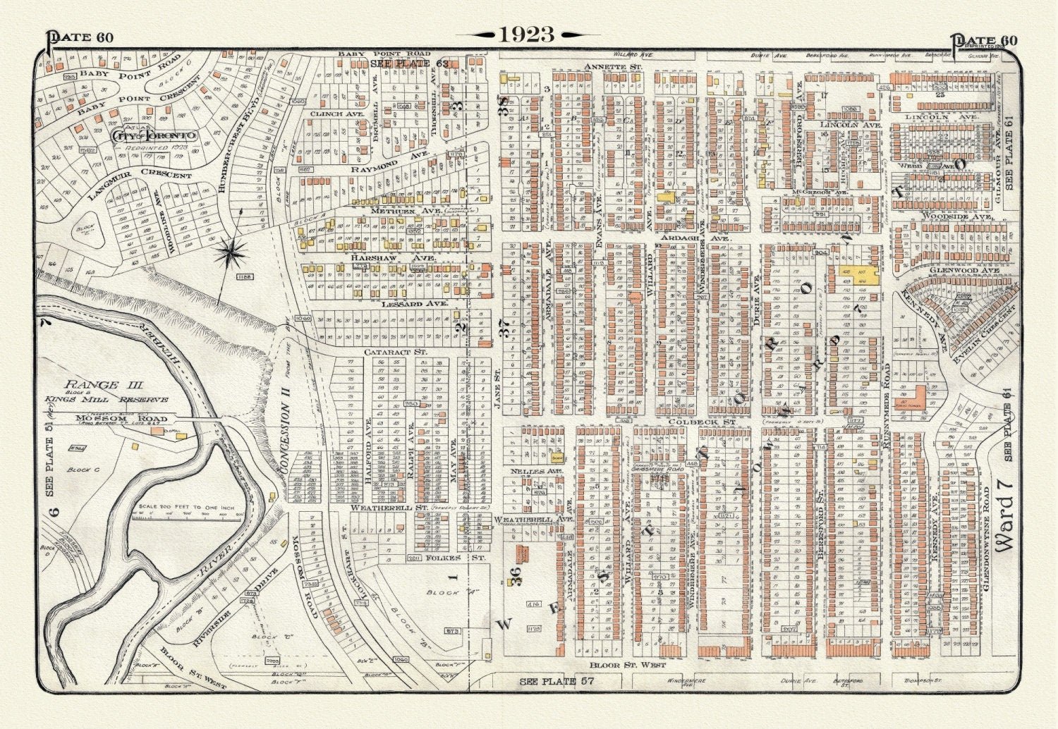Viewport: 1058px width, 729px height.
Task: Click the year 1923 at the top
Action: coord(528,34)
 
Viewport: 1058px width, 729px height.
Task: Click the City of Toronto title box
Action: coord(154,135)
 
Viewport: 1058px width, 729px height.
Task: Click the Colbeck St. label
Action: coord(711,422)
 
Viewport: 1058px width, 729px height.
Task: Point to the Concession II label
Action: coord(286,437)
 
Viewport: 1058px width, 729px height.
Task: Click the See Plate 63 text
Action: coord(409,63)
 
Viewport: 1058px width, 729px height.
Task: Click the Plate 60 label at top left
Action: coord(79,39)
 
